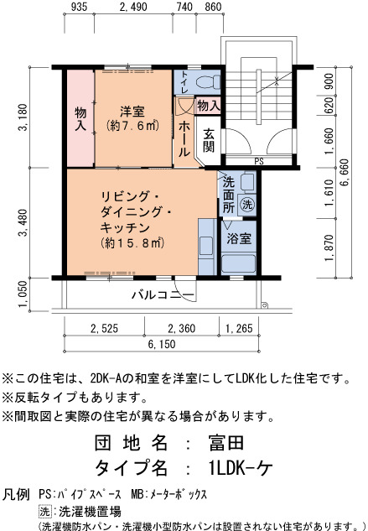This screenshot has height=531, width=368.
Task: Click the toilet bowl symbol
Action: pos(208,82)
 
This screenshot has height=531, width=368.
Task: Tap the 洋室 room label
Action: pos(132,112)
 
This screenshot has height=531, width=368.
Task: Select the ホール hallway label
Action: pos(184,139)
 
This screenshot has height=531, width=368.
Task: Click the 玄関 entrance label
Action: pos(209,140)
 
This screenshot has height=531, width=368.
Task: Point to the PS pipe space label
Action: pos(259,162)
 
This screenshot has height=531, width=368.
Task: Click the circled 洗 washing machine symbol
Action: pos(247,205)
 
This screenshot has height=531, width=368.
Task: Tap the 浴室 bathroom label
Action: pos(239,238)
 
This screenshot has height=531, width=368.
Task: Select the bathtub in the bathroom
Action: pos(238,263)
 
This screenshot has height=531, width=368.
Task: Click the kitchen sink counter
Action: pos(207,247)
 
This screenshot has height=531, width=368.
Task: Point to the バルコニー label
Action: pos(163,294)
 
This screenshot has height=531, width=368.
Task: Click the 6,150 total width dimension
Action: pos(162,344)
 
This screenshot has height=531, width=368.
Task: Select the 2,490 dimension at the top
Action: pos(133,7)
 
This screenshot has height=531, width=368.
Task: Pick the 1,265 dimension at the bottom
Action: pos(239,328)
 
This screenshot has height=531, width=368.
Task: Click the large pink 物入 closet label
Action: pos(80,118)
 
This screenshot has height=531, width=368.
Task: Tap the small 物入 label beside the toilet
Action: pos(209,106)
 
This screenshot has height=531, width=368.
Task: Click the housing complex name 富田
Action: pos(226,443)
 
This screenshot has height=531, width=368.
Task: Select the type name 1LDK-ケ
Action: pos(241,468)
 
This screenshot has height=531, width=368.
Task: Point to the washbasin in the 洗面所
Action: pos(248,182)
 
